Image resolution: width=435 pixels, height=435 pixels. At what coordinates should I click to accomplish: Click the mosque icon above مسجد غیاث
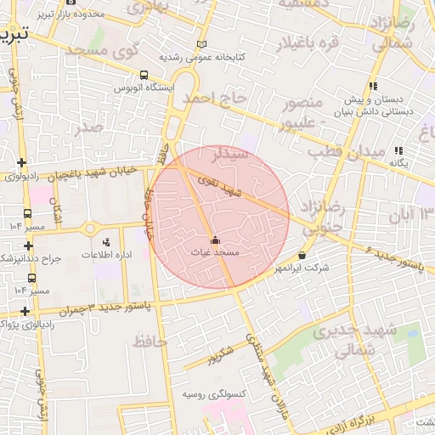214,240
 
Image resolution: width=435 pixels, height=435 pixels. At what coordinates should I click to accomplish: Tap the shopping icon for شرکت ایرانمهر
302,256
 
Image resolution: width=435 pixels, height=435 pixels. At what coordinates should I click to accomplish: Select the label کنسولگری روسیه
215,394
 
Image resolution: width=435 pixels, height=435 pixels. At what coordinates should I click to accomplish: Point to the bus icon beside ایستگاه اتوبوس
143,75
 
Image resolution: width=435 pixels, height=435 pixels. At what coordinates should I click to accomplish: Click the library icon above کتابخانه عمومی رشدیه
201,44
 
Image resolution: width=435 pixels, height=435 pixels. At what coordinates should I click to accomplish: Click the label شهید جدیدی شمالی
341,340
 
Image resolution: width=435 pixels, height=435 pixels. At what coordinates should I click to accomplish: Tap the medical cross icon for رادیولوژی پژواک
26,312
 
